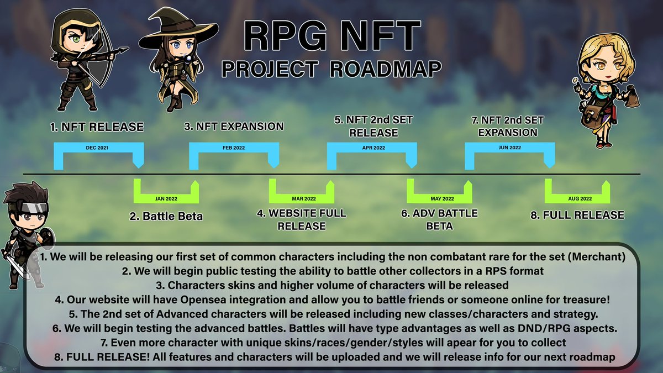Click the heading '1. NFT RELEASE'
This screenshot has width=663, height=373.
[97, 127]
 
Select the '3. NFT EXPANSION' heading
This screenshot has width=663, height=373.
[234, 127]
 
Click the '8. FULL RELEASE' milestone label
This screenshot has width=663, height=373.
[577, 215]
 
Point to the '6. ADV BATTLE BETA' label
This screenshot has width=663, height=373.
[439, 219]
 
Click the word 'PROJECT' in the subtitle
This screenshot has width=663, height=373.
[262, 69]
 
